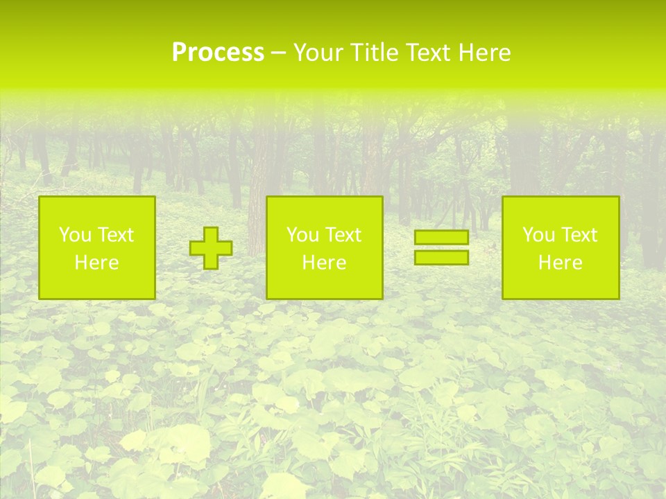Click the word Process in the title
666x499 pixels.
tap(218, 53)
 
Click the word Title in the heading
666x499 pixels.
tap(375, 53)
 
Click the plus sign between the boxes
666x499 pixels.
tap(211, 248)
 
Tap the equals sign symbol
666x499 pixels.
tap(441, 247)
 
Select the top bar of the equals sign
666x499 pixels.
tap(441, 238)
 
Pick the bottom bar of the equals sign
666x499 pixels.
tap(441, 257)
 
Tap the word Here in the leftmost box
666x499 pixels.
tap(96, 263)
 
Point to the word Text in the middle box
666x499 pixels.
tap(343, 235)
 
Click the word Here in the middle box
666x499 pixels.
tap(324, 263)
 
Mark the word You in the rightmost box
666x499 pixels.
tap(537, 235)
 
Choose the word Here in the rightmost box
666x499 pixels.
tap(561, 263)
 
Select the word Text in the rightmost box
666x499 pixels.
tap(579, 235)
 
